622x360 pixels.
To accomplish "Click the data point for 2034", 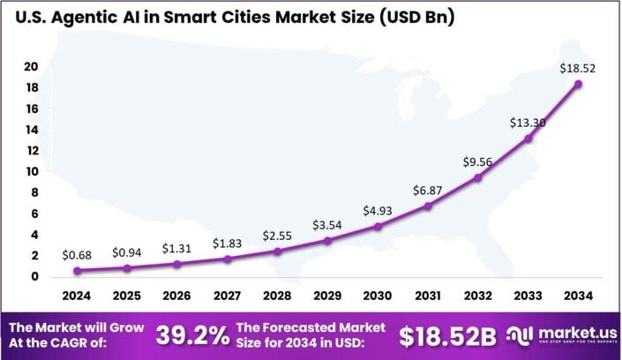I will coord(579,85).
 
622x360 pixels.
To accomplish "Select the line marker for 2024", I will coord(77,271).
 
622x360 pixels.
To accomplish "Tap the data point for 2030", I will coord(378,227).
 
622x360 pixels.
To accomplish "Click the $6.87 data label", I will coord(427,191).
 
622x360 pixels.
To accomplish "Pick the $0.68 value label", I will coord(77,255).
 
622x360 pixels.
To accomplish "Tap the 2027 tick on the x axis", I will coord(228,295).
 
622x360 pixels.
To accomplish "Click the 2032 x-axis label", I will coord(478,295).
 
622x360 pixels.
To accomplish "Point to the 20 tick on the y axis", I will coord(31,67).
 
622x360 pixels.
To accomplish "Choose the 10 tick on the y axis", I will coord(31,172).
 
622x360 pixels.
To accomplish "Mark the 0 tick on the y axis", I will coord(34,277).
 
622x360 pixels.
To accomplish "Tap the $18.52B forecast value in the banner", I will coord(447,335).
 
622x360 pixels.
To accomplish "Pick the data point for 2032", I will coord(478,177).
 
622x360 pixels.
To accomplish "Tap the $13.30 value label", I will coord(528,123).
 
